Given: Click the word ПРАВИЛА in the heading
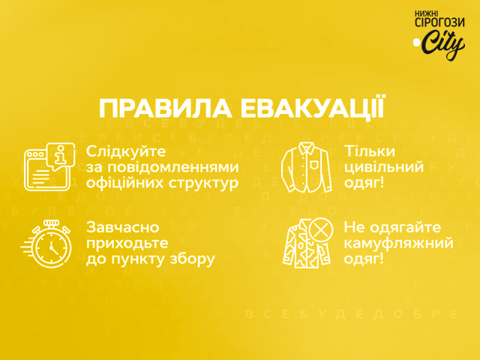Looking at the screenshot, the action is [165, 109].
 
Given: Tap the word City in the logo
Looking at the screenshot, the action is [443, 45].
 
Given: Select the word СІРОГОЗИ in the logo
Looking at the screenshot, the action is [439, 22].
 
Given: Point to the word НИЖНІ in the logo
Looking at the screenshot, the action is [427, 13].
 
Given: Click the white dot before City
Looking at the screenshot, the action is [416, 42].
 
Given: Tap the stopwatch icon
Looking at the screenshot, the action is [47, 244].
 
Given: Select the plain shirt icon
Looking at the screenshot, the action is [307, 167].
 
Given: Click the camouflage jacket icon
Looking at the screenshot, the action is [307, 243].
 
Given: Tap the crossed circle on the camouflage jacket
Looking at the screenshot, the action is [321, 229].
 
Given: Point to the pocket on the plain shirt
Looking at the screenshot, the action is [314, 165].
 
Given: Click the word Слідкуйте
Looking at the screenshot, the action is [126, 151].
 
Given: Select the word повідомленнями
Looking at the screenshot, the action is [173, 167].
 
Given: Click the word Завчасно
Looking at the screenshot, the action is [123, 227].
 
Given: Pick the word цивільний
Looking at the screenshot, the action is [384, 167].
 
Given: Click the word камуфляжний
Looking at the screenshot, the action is [398, 244].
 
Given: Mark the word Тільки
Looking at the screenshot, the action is [370, 151].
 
